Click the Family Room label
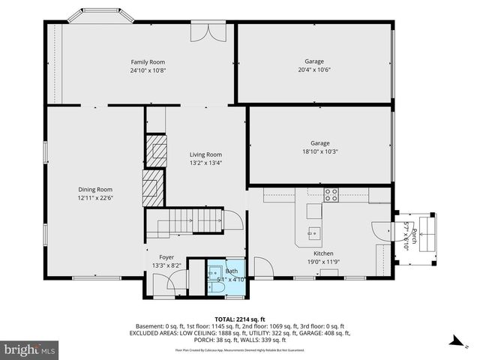[148, 61]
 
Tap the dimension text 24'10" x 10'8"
[148, 70]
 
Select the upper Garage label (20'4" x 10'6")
[314, 61]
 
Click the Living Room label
[205, 154]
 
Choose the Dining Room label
[95, 189]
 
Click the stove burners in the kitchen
[331, 195]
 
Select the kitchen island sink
[314, 212]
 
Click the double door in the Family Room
[205, 31]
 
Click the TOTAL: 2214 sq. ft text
[239, 319]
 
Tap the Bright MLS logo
[30, 349]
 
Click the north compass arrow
[457, 341]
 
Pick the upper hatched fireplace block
[156, 150]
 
